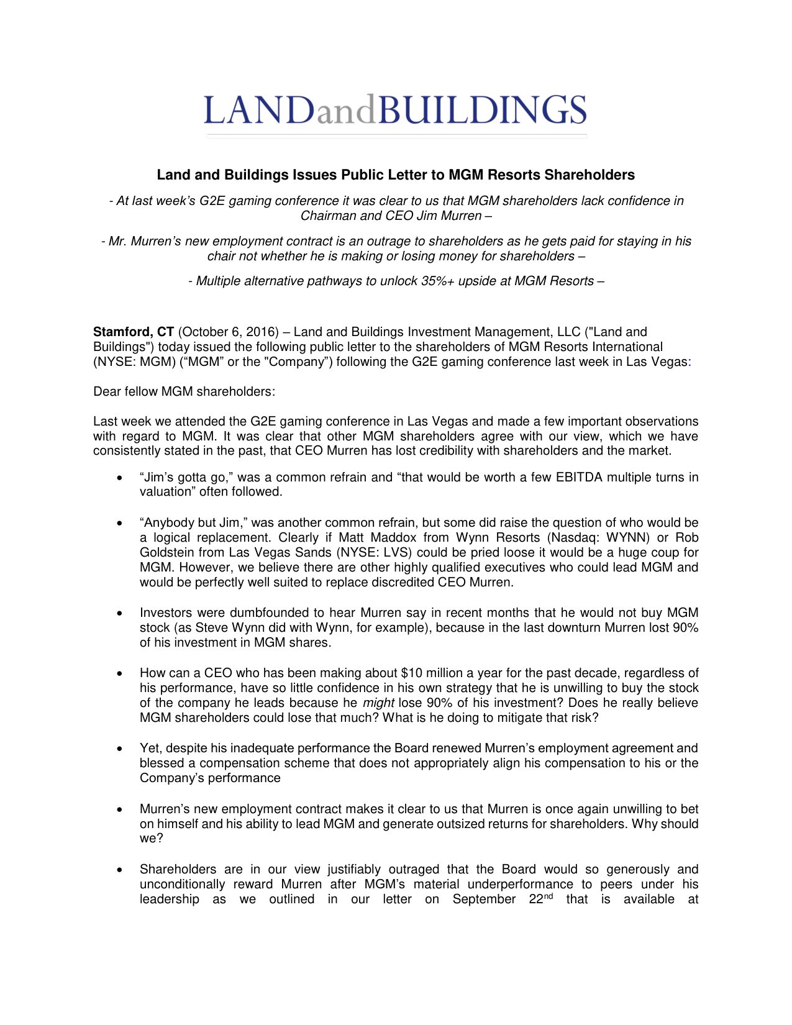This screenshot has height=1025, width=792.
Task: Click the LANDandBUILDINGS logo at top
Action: tap(395, 111)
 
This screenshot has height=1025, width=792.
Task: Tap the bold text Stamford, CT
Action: tap(133, 332)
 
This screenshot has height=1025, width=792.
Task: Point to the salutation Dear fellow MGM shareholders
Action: tap(184, 392)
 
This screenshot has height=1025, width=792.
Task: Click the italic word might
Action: tap(378, 703)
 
